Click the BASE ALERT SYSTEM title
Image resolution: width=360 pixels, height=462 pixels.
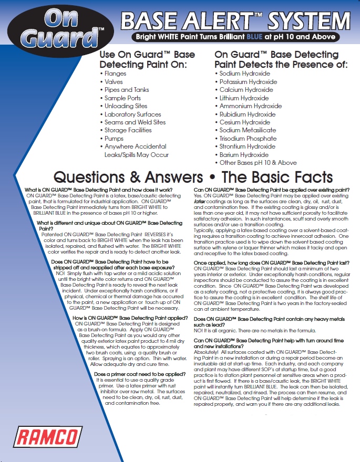coord(235,22)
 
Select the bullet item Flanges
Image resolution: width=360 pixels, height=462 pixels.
coord(115,74)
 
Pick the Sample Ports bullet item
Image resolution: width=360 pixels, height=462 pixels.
coord(122,98)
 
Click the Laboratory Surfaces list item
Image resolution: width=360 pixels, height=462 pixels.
coord(132,114)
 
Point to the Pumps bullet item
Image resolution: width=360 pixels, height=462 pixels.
coord(114,139)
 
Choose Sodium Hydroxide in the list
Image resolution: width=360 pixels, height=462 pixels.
coord(244,74)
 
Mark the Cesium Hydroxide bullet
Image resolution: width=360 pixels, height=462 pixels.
coord(244,122)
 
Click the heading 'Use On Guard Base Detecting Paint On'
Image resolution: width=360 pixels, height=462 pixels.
coord(147,59)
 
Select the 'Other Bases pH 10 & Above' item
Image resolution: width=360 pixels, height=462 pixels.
coord(258,163)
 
